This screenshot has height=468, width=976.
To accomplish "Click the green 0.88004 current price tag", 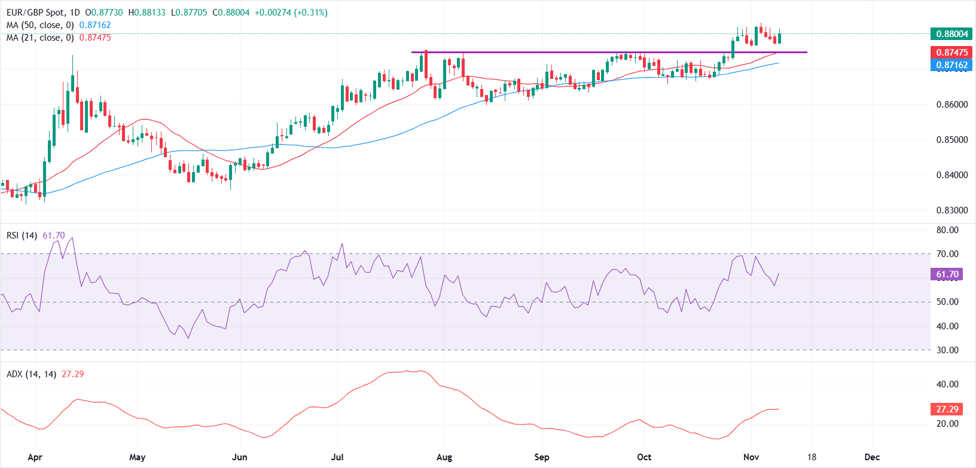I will point(951,34).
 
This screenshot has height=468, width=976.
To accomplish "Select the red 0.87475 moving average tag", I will point(951,53).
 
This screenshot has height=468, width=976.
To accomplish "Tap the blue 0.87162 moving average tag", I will point(951,65).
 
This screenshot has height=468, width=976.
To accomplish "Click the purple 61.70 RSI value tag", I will point(947,274).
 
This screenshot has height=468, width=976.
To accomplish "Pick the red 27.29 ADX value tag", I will point(947,409).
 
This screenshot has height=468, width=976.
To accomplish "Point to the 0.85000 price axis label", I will point(951,140).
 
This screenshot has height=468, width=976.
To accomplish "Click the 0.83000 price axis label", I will point(951,210).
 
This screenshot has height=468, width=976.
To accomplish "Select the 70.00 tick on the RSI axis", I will point(947,254).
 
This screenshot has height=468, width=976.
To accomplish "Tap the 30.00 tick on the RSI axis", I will point(947,350).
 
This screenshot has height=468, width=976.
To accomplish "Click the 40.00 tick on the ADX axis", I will point(947,384).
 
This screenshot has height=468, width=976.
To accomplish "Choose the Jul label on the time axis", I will point(337,457).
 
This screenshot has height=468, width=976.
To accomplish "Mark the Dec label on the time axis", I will point(872,457).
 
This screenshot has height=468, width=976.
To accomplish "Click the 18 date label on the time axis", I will point(811,457).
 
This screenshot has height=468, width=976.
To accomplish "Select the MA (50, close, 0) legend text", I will point(40,25).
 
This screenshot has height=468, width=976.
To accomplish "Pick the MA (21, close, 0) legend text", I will point(40,38).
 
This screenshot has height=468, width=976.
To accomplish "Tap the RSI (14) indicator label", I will point(22,235).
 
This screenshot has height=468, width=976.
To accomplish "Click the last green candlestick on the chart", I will point(779,38).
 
